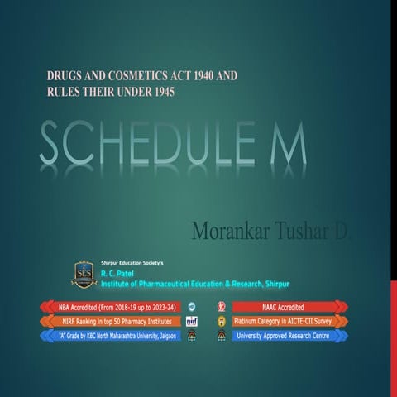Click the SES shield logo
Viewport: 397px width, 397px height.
[84, 274]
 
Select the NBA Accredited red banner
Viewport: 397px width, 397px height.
[106, 307]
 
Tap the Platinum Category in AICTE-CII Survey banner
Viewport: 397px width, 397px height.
[289, 321]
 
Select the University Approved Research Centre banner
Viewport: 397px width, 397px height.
[289, 336]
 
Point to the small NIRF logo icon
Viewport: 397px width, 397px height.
[191, 321]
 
